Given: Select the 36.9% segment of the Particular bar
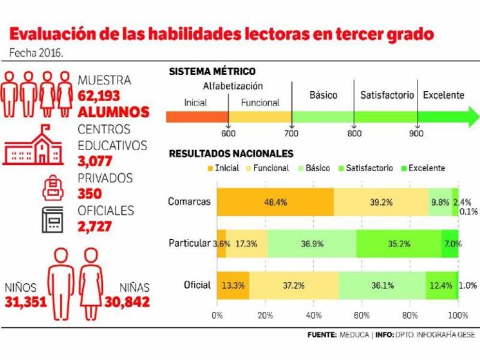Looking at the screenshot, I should click(x=312, y=242).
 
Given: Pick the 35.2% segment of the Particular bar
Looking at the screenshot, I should click(x=399, y=242).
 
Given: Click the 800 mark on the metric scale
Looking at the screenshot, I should click(x=354, y=132).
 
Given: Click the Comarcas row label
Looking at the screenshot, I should click(x=189, y=201).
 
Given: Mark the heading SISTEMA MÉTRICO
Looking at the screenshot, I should click(x=212, y=72).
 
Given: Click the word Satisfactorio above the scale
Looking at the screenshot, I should click(x=387, y=96).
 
